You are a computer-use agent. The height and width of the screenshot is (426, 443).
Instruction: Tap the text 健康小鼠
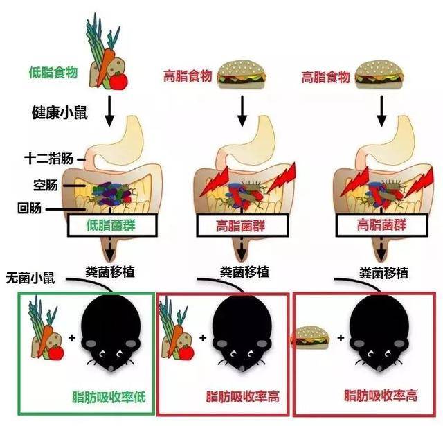point(58,110)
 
